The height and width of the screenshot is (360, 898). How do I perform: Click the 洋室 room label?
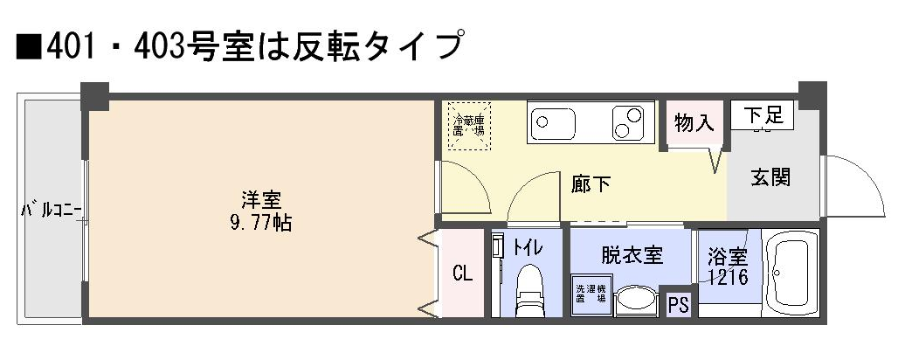click(x=260, y=200)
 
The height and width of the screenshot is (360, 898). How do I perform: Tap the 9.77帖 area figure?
click(x=260, y=223)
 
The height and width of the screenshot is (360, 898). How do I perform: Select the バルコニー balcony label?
click(x=52, y=211)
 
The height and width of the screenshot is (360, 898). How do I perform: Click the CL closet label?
click(x=462, y=273)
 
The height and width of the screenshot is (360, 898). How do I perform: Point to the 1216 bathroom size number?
click(x=728, y=277)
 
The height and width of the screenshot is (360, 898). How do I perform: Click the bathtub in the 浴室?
click(x=792, y=273)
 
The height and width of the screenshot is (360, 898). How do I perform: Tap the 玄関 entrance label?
click(x=770, y=178)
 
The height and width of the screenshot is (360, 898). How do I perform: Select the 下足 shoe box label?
click(x=763, y=115)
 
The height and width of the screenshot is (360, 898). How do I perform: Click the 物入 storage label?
click(x=694, y=122)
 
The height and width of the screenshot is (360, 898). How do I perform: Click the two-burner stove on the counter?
click(x=630, y=122)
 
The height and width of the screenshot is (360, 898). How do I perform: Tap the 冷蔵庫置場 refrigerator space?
click(x=469, y=126)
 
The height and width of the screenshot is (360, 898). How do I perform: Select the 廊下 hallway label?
click(x=591, y=183)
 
